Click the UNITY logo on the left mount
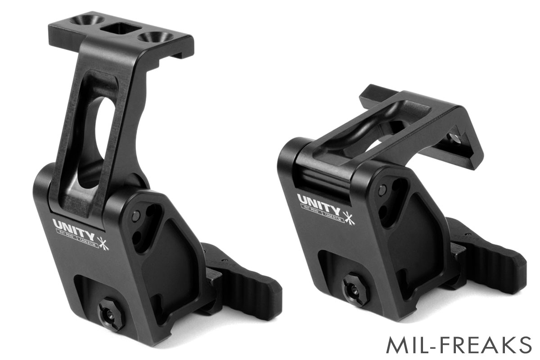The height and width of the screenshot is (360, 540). [x=74, y=225]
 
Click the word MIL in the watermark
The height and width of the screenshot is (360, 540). [x=408, y=346]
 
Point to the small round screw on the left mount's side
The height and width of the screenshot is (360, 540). [x=136, y=217]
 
